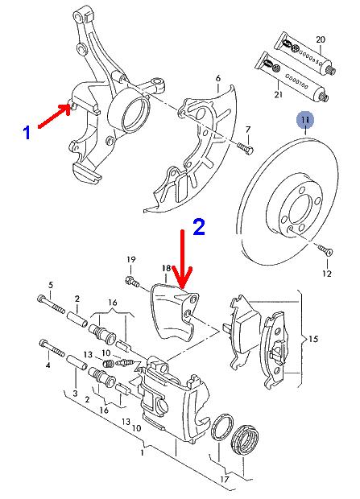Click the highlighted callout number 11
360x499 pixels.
tap(305, 120)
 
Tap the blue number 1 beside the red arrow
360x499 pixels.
tap(27, 132)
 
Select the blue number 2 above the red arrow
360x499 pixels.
tap(199, 227)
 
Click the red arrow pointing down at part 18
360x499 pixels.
tap(182, 259)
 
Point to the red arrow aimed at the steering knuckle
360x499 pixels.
tap(54, 116)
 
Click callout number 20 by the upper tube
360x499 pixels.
tap(321, 39)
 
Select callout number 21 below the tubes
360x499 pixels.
tap(279, 94)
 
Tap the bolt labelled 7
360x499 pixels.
tap(245, 147)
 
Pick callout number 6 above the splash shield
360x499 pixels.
tap(218, 78)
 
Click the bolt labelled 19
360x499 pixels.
tap(132, 282)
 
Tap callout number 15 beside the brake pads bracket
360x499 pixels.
tap(313, 339)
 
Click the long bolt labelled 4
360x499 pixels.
tap(52, 348)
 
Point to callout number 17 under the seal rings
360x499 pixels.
tap(225, 479)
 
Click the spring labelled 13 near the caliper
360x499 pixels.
tap(109, 363)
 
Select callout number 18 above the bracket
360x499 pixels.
tap(167, 268)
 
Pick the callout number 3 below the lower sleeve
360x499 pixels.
tap(75, 393)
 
